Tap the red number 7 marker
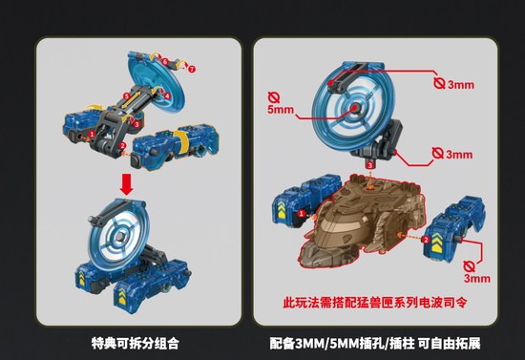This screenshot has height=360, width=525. pos(191,70)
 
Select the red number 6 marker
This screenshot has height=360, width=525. pos(165,62)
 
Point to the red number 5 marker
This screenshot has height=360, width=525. pos(126,96)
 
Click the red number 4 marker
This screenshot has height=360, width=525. pos(167,95)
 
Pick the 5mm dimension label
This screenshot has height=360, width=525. pos(281,110)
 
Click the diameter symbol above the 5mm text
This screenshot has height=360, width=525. pos(274,97)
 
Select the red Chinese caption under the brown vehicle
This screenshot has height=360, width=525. pos(375,303)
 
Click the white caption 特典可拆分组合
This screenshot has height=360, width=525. pos(136,343)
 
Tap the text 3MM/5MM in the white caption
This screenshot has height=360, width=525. pos(324,344)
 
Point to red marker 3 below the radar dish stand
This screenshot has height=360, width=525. pos(369,165)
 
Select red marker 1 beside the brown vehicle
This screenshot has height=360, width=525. pos(302,213)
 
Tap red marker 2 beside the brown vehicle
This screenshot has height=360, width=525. pos(426,240)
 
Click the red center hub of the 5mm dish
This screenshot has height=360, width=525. pos(354,108)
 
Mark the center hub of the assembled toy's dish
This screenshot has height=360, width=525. pos(119,237)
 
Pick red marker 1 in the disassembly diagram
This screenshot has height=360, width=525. pos(92,134)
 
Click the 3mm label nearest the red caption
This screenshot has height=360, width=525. pos(477,278)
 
